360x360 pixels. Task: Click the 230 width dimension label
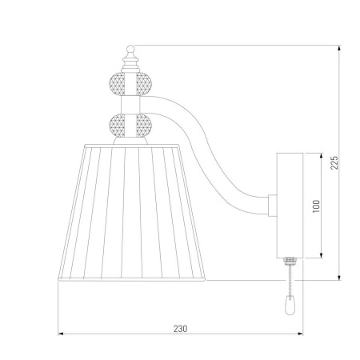tap(181, 329)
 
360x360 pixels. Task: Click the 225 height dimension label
tap(334, 162)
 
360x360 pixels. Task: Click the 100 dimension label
tap(316, 206)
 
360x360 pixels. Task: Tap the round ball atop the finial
tap(130, 49)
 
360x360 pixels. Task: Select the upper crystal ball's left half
tap(117, 84)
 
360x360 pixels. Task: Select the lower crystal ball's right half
tap(144, 126)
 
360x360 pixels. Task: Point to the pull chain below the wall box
tap(290, 280)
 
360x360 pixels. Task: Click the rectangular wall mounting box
tap(290, 206)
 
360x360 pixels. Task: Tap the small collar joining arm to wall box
tap(272, 206)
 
